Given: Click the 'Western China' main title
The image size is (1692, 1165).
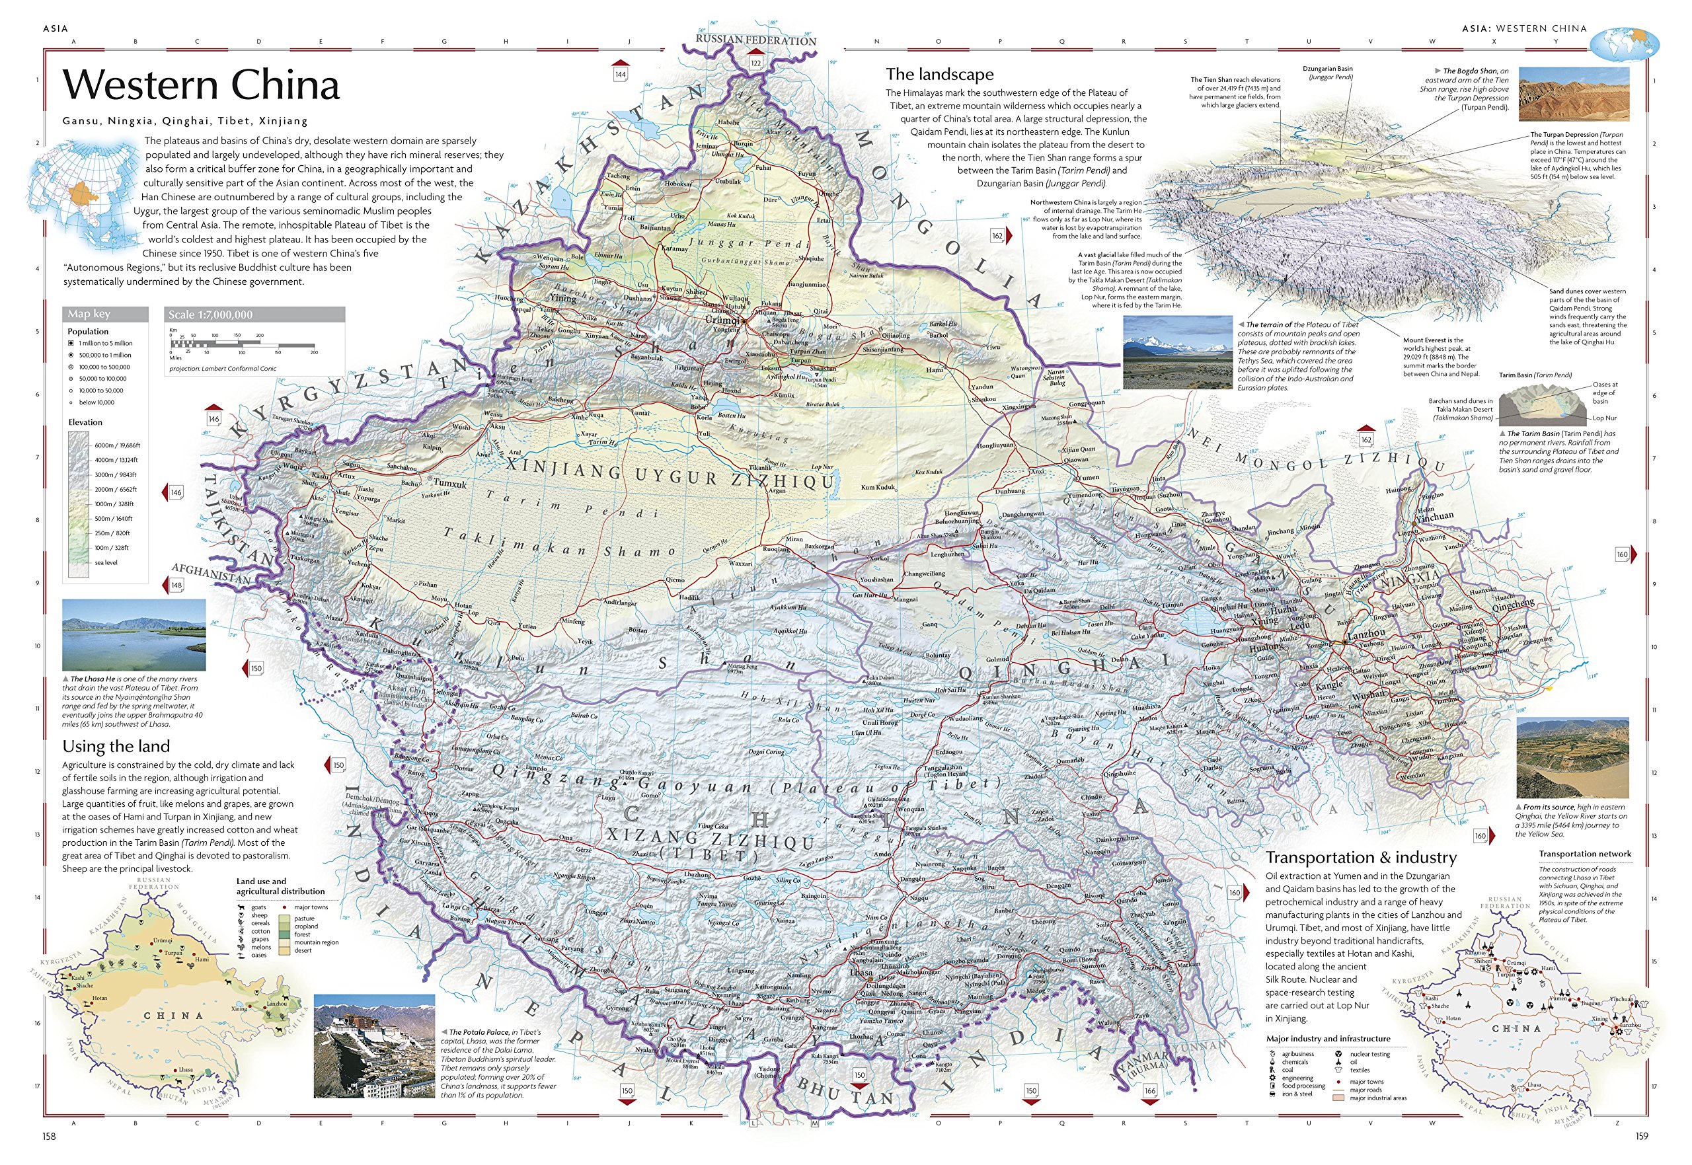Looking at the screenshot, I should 201,85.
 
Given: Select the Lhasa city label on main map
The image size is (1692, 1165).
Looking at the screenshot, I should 861,972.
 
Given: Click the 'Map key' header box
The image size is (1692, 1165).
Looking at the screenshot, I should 105,314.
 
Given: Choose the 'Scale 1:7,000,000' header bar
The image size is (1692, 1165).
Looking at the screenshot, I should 254,315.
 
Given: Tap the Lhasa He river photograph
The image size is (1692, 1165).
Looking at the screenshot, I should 134,634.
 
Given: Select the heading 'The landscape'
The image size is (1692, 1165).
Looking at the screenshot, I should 939,75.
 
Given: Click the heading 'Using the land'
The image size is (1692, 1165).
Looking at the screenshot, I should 116,746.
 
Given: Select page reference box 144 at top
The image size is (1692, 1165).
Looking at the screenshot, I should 620,74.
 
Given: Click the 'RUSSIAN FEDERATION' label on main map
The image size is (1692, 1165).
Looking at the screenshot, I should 755,40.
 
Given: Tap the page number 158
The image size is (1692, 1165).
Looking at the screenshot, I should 49,1136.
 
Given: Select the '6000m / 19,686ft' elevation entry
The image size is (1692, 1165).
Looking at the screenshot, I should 117,445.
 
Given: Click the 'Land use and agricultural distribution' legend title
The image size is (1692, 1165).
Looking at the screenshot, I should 280,886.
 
